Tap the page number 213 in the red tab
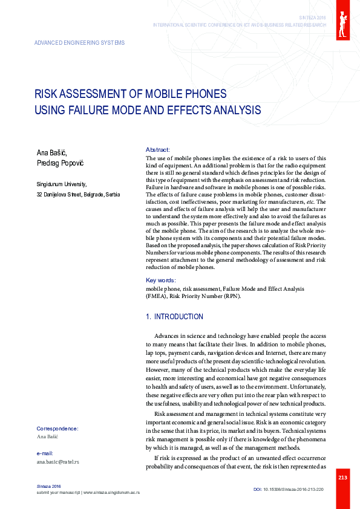(x=342, y=478)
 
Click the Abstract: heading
(x=158, y=149)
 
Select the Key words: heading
(x=161, y=280)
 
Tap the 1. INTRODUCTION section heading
(x=175, y=317)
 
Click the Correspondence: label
(x=57, y=428)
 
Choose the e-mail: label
(x=45, y=453)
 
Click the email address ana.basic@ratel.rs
(x=58, y=462)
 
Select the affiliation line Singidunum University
(x=61, y=184)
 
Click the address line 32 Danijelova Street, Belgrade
(x=78, y=195)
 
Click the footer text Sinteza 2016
(x=49, y=487)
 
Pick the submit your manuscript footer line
(x=88, y=493)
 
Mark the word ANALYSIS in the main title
(x=232, y=110)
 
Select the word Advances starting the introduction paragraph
(x=168, y=336)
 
